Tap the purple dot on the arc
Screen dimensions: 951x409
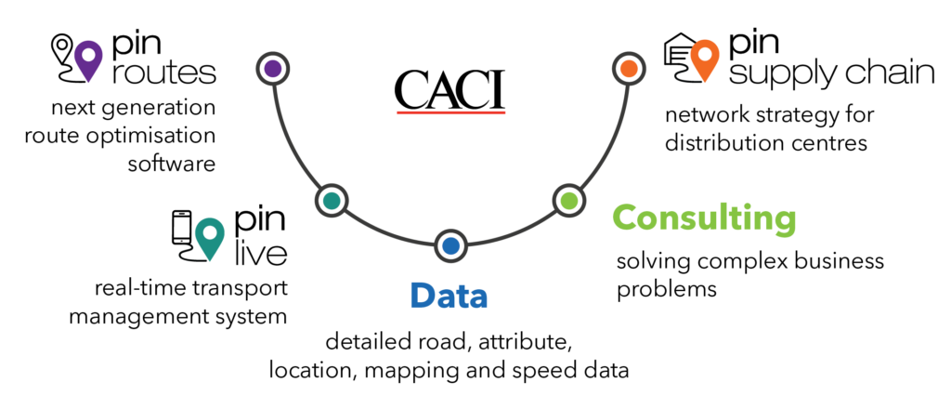coord(273,69)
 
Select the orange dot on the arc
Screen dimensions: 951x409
coord(629,69)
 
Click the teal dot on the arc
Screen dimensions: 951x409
coord(332,200)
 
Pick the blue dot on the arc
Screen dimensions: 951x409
coord(450,246)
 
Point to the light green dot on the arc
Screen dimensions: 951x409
coord(569,200)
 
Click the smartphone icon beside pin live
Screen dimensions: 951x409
coord(182,228)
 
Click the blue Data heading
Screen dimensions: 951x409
coord(449,297)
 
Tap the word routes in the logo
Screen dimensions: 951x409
coord(163,73)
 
